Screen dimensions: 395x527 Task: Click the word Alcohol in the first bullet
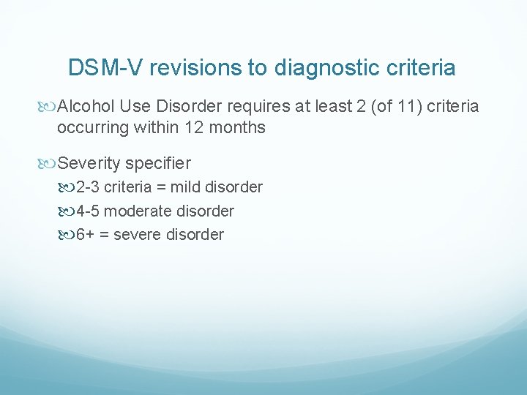[86, 107]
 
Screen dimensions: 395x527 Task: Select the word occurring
[91, 127]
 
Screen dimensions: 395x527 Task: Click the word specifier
[157, 162]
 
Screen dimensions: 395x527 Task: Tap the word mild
[186, 187]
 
